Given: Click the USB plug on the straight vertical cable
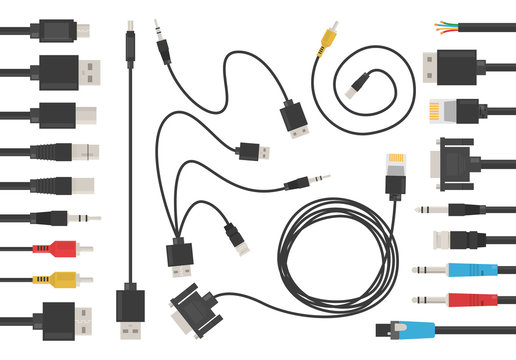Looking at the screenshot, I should coord(130,311).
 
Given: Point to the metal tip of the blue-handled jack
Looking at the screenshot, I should coord(421,270).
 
